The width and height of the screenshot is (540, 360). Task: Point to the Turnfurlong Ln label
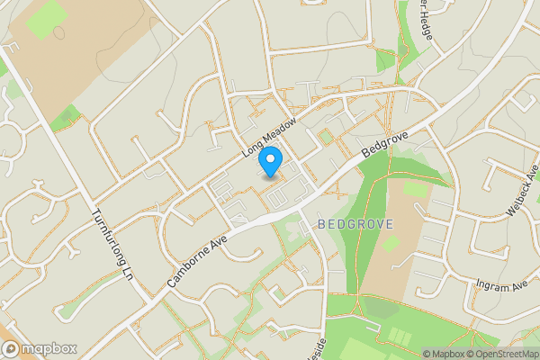[x=113, y=244]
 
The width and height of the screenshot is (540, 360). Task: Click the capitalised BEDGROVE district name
[x=355, y=222]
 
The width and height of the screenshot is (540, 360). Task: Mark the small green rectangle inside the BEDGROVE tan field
[x=415, y=188]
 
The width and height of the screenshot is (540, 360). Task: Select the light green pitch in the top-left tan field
[x=46, y=19]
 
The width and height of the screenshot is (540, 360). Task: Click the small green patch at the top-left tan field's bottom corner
[x=65, y=118]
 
